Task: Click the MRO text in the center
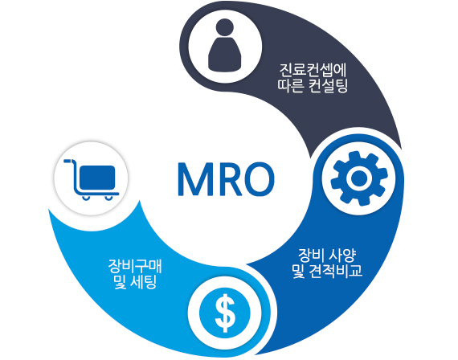coord(226,179)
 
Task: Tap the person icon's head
coord(225,27)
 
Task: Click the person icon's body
coord(225,55)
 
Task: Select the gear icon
coord(359,178)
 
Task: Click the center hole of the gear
coord(359,178)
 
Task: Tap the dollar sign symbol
coord(225,313)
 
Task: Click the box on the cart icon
coord(97,178)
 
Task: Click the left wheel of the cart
coord(86,198)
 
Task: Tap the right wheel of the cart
coord(108,198)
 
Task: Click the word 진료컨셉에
coord(313,70)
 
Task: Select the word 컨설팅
coord(328,86)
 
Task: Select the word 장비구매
coord(135,266)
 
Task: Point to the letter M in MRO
coord(194,179)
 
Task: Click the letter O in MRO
coord(260,179)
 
